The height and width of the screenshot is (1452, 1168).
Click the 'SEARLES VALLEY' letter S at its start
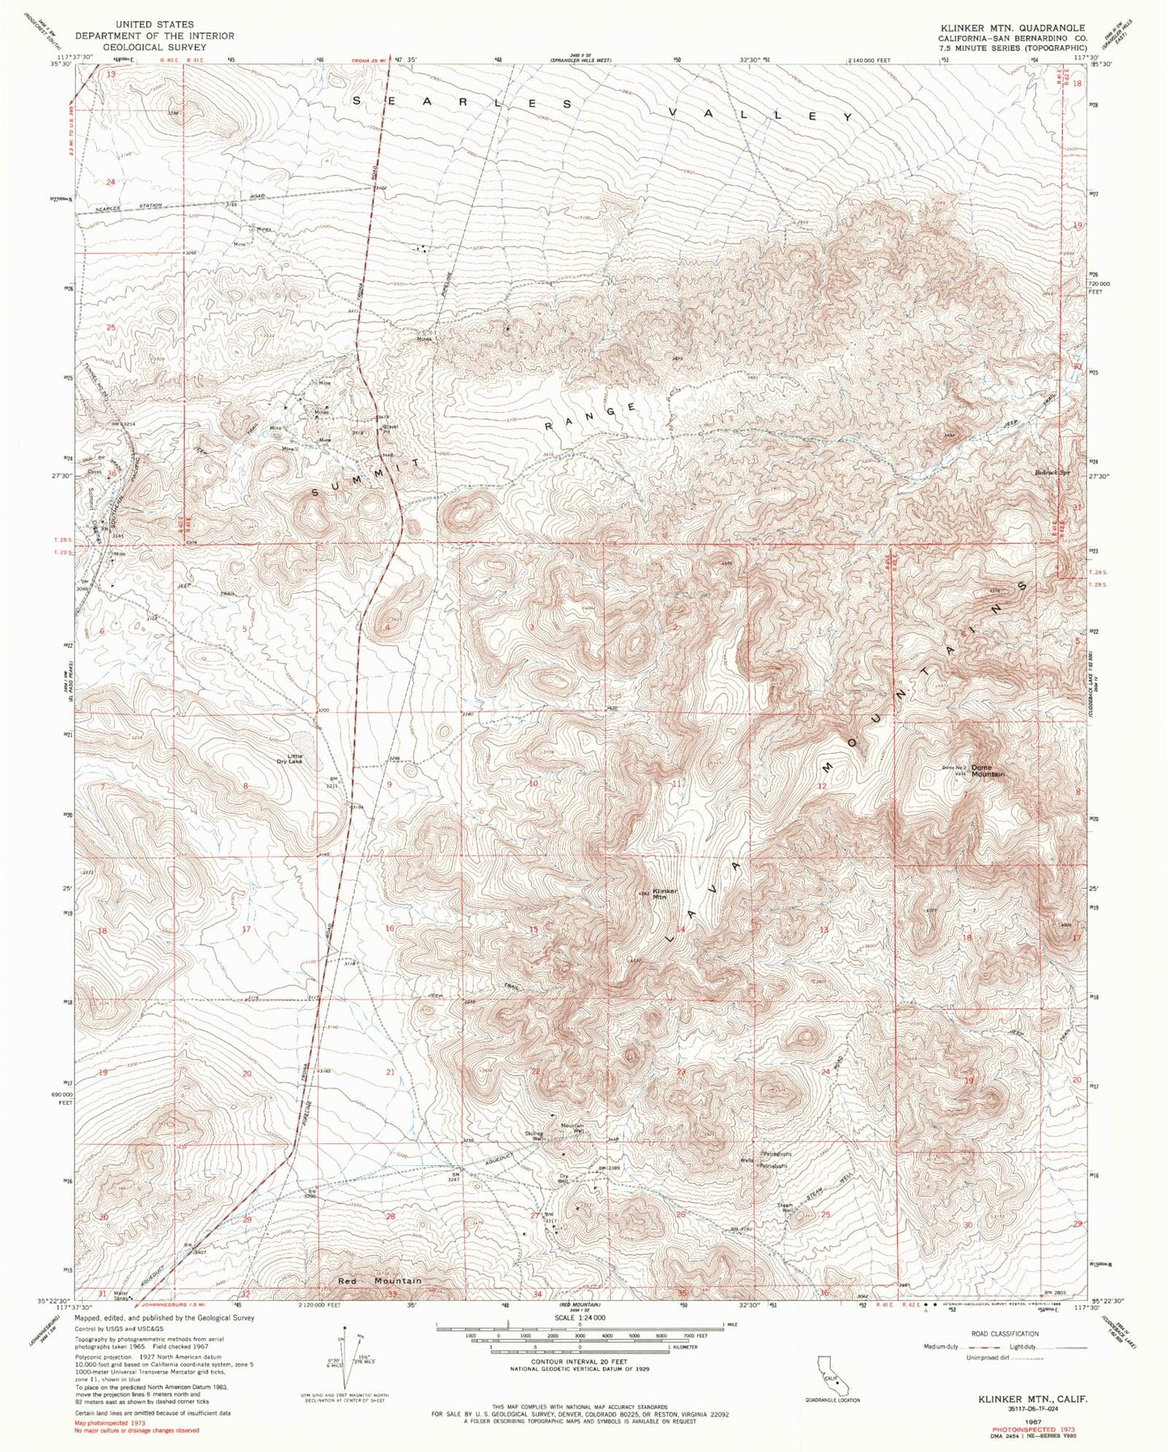[x=357, y=100]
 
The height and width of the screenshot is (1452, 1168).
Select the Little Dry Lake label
[x=289, y=758]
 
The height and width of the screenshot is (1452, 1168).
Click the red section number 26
[x=681, y=1214]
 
